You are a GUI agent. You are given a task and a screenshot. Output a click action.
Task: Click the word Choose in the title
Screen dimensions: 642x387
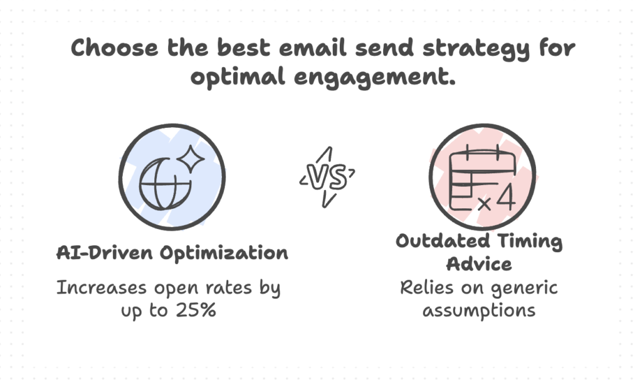(x=114, y=47)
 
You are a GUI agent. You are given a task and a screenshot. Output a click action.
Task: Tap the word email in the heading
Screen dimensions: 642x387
(x=313, y=47)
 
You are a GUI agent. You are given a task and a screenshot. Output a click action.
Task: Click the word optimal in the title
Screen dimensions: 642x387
(x=238, y=77)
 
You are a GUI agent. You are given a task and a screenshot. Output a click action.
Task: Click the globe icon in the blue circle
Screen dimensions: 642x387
(x=166, y=184)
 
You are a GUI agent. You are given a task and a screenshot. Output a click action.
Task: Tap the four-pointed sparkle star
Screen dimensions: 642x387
(x=191, y=159)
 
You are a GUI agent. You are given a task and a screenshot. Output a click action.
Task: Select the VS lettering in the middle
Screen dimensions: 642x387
(x=327, y=178)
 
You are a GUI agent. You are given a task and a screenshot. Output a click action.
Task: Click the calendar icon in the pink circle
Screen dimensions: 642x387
(x=482, y=178)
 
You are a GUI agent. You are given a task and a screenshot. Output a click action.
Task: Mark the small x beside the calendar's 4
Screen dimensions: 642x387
(x=485, y=203)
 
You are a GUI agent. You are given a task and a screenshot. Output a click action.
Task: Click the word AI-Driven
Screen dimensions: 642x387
(x=105, y=253)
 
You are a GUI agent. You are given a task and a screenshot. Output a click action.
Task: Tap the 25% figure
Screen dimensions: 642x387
(x=196, y=310)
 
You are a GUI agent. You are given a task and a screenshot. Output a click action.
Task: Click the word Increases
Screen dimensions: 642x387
(x=102, y=287)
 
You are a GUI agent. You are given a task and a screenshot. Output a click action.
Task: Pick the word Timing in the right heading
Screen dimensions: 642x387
(x=530, y=241)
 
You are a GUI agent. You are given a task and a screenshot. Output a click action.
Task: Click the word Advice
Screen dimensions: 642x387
(x=479, y=264)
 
